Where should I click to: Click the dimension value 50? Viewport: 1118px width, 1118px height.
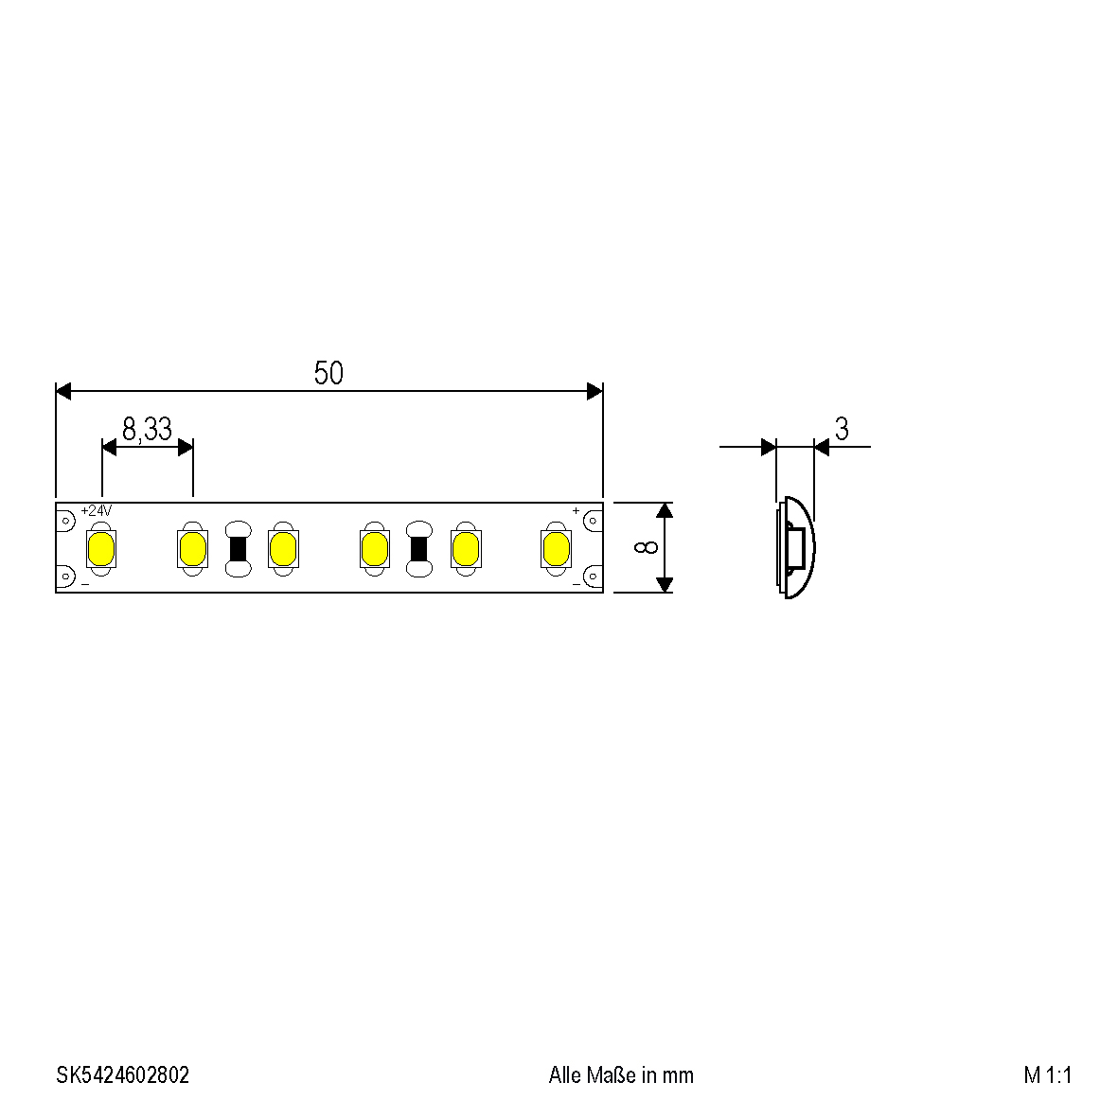328,374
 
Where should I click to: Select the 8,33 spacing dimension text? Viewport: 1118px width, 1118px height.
147,430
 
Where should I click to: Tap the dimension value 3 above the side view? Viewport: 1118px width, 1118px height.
841,429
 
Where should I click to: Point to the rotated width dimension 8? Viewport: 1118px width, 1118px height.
648,548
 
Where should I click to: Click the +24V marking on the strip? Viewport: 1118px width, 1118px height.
97,510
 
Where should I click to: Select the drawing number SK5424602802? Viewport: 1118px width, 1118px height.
122,1075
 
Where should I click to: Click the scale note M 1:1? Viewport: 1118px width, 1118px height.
1047,1075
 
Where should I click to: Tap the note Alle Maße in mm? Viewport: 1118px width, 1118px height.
621,1075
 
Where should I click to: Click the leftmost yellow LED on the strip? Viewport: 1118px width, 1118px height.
100,548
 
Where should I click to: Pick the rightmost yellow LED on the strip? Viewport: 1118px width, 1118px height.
556,548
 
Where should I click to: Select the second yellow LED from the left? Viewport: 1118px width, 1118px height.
192,548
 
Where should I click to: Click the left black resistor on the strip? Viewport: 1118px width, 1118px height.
238,548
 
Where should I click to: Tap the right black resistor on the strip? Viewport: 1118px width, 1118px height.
418,548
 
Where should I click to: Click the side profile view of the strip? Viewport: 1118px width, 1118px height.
794,548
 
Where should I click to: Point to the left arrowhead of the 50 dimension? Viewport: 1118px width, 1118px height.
63,391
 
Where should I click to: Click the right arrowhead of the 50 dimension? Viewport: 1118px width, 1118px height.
595,391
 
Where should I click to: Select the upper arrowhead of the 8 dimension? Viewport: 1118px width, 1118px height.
665,510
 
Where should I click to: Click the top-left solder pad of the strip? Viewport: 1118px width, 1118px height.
65,520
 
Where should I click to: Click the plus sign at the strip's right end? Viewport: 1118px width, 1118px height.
576,511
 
